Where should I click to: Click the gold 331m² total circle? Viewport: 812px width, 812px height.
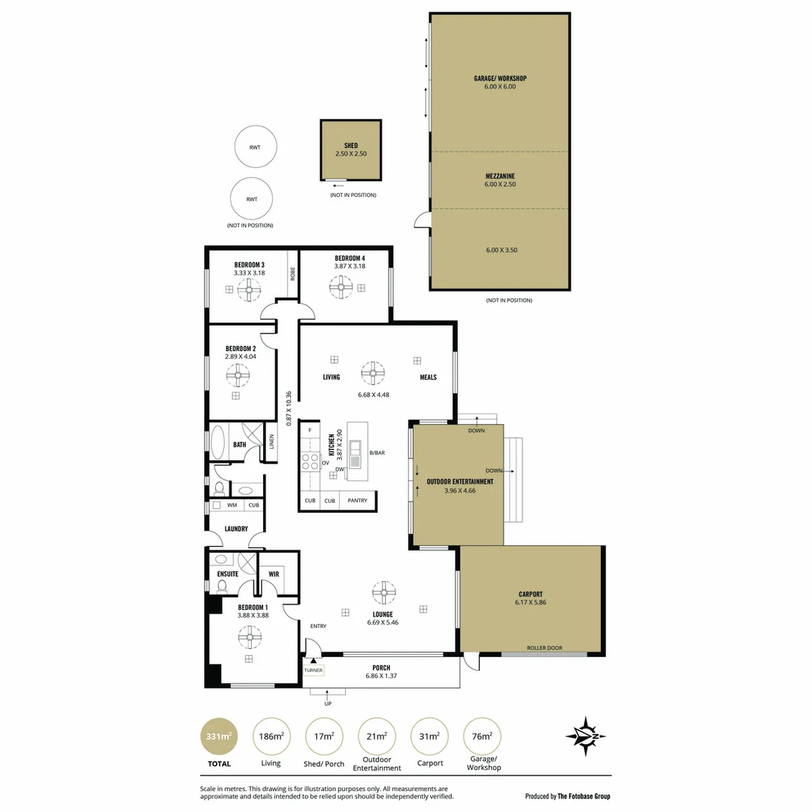pos(219,736)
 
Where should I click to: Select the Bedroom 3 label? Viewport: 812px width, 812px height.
pos(249,265)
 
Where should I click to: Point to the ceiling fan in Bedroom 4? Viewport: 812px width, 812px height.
pos(341,286)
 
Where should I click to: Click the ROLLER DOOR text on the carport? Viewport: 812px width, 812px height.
pos(544,648)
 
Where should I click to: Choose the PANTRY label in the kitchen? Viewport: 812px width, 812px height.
pos(358,500)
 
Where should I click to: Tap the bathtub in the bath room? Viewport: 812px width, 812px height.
pos(218,443)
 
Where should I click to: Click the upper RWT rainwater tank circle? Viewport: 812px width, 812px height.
pos(254,147)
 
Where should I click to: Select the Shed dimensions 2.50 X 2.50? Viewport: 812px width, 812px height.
pos(351,153)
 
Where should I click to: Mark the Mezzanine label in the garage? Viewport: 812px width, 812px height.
pos(500,176)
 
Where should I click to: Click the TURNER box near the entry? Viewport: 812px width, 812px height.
pos(313,670)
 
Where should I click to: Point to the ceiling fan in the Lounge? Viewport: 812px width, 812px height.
pos(384,592)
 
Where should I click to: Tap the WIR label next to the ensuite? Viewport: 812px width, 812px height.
pos(274,574)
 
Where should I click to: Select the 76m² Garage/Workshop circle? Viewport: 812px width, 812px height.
pos(482,736)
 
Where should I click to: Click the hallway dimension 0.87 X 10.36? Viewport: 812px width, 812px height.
pos(289,408)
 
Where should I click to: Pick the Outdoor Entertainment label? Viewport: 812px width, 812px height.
pos(460,481)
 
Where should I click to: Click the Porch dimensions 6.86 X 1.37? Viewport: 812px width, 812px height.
pos(381,676)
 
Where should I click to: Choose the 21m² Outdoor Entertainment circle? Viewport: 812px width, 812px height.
pos(377,736)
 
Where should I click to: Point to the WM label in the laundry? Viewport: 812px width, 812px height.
pos(232,505)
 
